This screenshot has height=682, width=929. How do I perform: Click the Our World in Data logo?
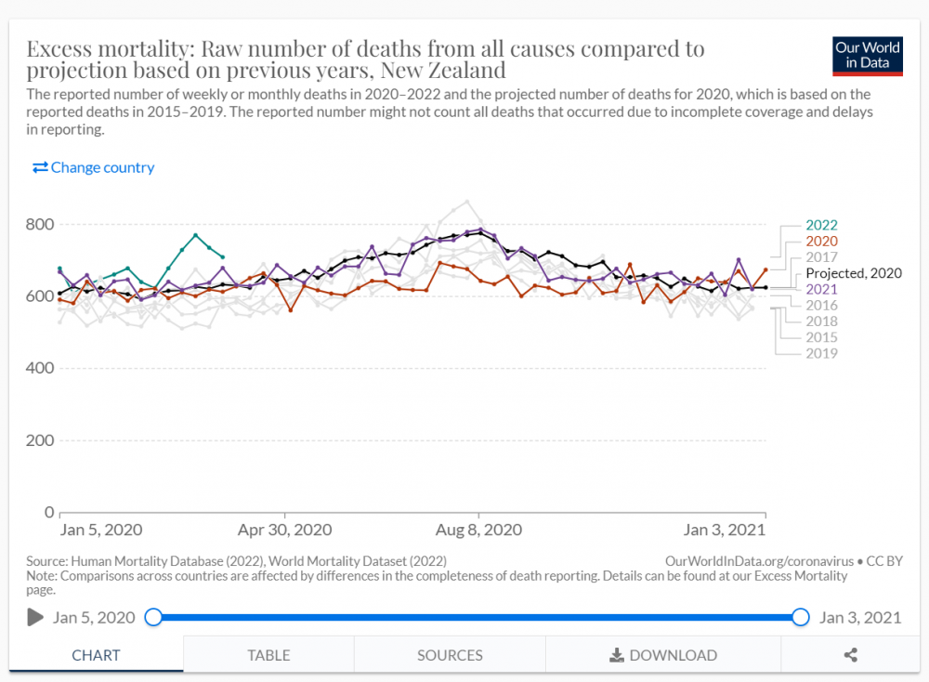coord(868,57)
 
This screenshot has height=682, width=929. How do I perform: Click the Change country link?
coord(93,167)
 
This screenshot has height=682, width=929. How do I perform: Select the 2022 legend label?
coord(821,225)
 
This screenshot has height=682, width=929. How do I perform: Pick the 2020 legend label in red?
coord(821,242)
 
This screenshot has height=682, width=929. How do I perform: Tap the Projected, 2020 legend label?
coord(853,273)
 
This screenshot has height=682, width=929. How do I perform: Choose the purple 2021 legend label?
coord(821,289)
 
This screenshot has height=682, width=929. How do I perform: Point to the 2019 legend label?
coord(821,353)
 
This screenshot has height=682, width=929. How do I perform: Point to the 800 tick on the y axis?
coord(40,225)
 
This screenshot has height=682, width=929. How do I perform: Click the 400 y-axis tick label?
coord(40,368)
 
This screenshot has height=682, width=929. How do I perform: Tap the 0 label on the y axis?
coord(49,512)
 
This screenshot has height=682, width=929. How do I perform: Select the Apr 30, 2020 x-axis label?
coord(284,530)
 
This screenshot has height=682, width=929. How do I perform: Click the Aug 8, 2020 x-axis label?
coord(478,530)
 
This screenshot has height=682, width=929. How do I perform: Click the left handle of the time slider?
coord(153,617)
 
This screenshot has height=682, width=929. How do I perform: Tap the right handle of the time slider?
coord(801,617)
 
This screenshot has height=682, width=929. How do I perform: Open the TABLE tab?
coord(268,655)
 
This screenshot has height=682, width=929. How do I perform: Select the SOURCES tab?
coord(450,655)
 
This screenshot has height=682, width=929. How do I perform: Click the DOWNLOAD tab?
coord(663,655)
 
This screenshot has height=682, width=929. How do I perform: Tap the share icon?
coord(850,655)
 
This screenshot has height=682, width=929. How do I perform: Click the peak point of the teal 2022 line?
coord(195,235)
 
